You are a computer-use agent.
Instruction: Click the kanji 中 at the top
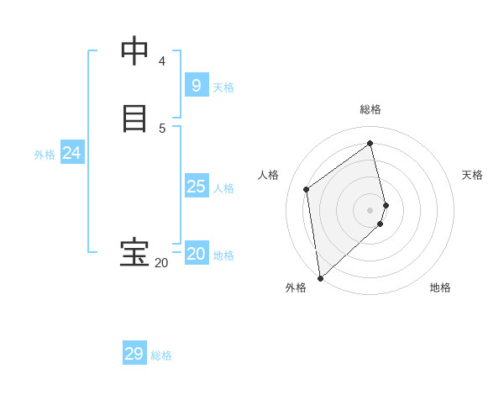134,52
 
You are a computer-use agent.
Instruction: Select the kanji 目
134,118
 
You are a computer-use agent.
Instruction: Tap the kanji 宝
134,253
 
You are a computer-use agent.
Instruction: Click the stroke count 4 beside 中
162,61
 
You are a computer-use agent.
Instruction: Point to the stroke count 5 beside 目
162,128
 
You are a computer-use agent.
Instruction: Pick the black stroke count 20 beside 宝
161,263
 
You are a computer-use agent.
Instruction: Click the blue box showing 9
196,86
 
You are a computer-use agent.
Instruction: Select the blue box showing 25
196,187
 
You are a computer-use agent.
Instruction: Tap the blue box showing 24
71,153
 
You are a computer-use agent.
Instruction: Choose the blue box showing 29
134,354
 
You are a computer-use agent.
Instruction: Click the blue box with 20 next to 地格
196,254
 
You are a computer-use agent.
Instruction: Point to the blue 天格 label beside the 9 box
223,87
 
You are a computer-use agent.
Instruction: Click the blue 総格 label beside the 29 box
161,355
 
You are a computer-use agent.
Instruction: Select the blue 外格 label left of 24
45,155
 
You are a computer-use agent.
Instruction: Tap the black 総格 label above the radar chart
370,109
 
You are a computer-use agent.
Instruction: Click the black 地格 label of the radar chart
440,287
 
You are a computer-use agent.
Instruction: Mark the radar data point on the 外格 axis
319,277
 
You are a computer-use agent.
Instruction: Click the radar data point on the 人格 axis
307,189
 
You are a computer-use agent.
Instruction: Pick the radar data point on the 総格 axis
370,143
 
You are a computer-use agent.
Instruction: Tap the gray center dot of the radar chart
370,209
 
